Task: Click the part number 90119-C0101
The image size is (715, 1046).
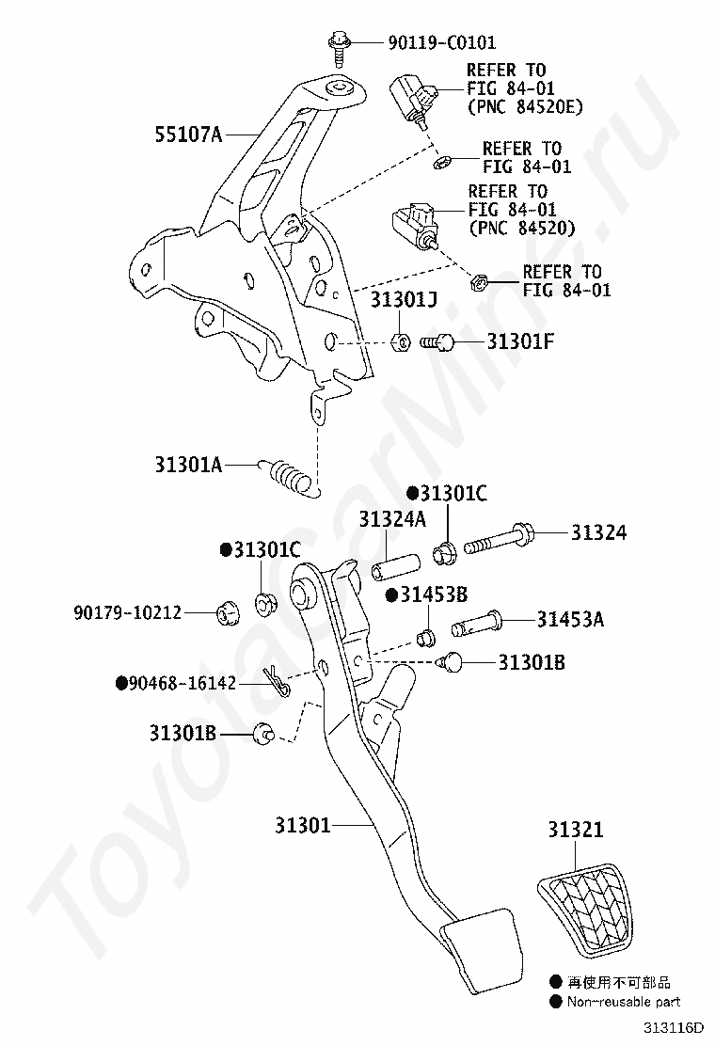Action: [441, 42]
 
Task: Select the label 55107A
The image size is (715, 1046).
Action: [188, 135]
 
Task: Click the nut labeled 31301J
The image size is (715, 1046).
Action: [398, 341]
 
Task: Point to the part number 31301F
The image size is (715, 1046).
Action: [520, 341]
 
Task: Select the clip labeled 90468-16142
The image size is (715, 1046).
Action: [275, 683]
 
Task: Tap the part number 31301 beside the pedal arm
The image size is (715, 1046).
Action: [302, 826]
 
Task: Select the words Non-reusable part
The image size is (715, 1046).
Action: [623, 1002]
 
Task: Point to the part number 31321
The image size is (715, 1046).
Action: [576, 830]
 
